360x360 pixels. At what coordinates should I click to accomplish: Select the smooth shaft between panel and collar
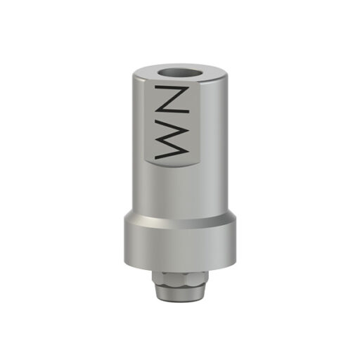179,190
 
